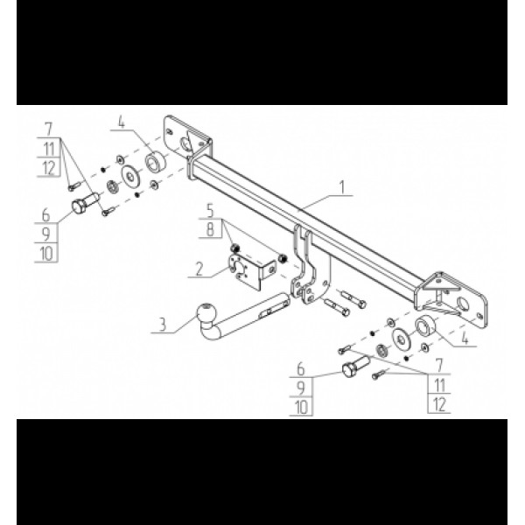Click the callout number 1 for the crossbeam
(342, 187)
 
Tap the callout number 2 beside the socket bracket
(199, 269)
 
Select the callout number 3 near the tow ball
(163, 325)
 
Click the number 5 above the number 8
(210, 211)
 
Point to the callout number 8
(210, 229)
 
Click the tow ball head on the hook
(206, 312)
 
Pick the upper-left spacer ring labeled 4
(155, 162)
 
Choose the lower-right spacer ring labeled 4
(425, 326)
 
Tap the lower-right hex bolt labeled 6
(355, 367)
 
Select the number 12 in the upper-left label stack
(49, 168)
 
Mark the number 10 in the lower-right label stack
(301, 407)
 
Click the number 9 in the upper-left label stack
(45, 234)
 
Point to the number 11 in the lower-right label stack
(439, 385)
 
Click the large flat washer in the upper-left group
(130, 176)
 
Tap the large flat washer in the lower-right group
(401, 339)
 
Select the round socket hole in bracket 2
(240, 268)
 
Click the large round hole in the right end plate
(463, 304)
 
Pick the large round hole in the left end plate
(185, 143)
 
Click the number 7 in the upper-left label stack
(48, 129)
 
